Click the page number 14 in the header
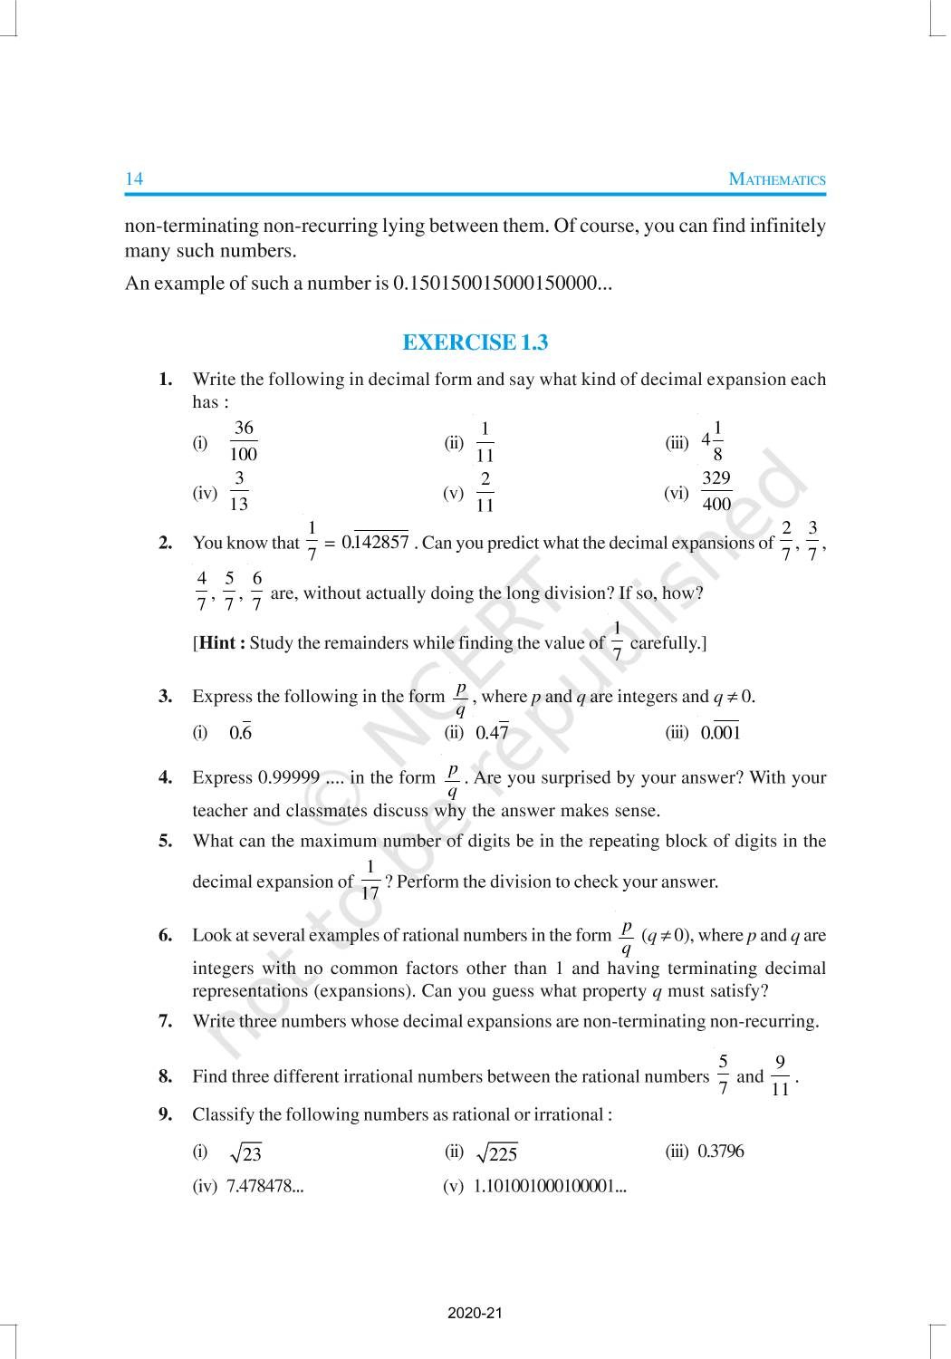pyautogui.click(x=134, y=178)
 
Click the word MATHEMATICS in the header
pyautogui.click(x=777, y=179)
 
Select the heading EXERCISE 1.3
pyautogui.click(x=475, y=342)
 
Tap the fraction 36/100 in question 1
pyautogui.click(x=244, y=441)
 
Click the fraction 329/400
pyautogui.click(x=716, y=491)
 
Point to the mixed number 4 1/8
pyautogui.click(x=712, y=441)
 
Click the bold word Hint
pyautogui.click(x=217, y=643)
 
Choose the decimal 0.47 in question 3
pyautogui.click(x=492, y=733)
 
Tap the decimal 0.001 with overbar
pyautogui.click(x=720, y=733)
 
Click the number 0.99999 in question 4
pyautogui.click(x=289, y=778)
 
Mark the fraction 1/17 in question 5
pyautogui.click(x=370, y=881)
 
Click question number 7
pyautogui.click(x=165, y=1022)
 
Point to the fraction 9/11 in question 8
pyautogui.click(x=780, y=1075)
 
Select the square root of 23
pyautogui.click(x=245, y=1153)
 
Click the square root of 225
pyautogui.click(x=496, y=1153)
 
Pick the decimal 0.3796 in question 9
pyautogui.click(x=720, y=1152)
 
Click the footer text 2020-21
pyautogui.click(x=475, y=1314)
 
